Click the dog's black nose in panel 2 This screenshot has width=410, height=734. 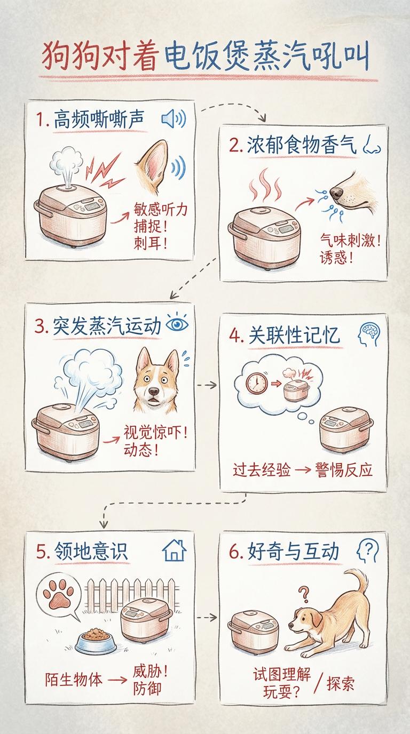tap(336, 193)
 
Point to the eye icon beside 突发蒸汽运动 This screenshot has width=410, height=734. tap(177, 323)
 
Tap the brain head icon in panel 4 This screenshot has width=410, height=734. tap(369, 334)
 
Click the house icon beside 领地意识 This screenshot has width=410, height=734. tap(174, 550)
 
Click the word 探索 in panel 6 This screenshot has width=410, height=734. tap(341, 683)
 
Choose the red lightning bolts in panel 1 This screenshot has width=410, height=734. tap(104, 171)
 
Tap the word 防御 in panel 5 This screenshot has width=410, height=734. tap(147, 688)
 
